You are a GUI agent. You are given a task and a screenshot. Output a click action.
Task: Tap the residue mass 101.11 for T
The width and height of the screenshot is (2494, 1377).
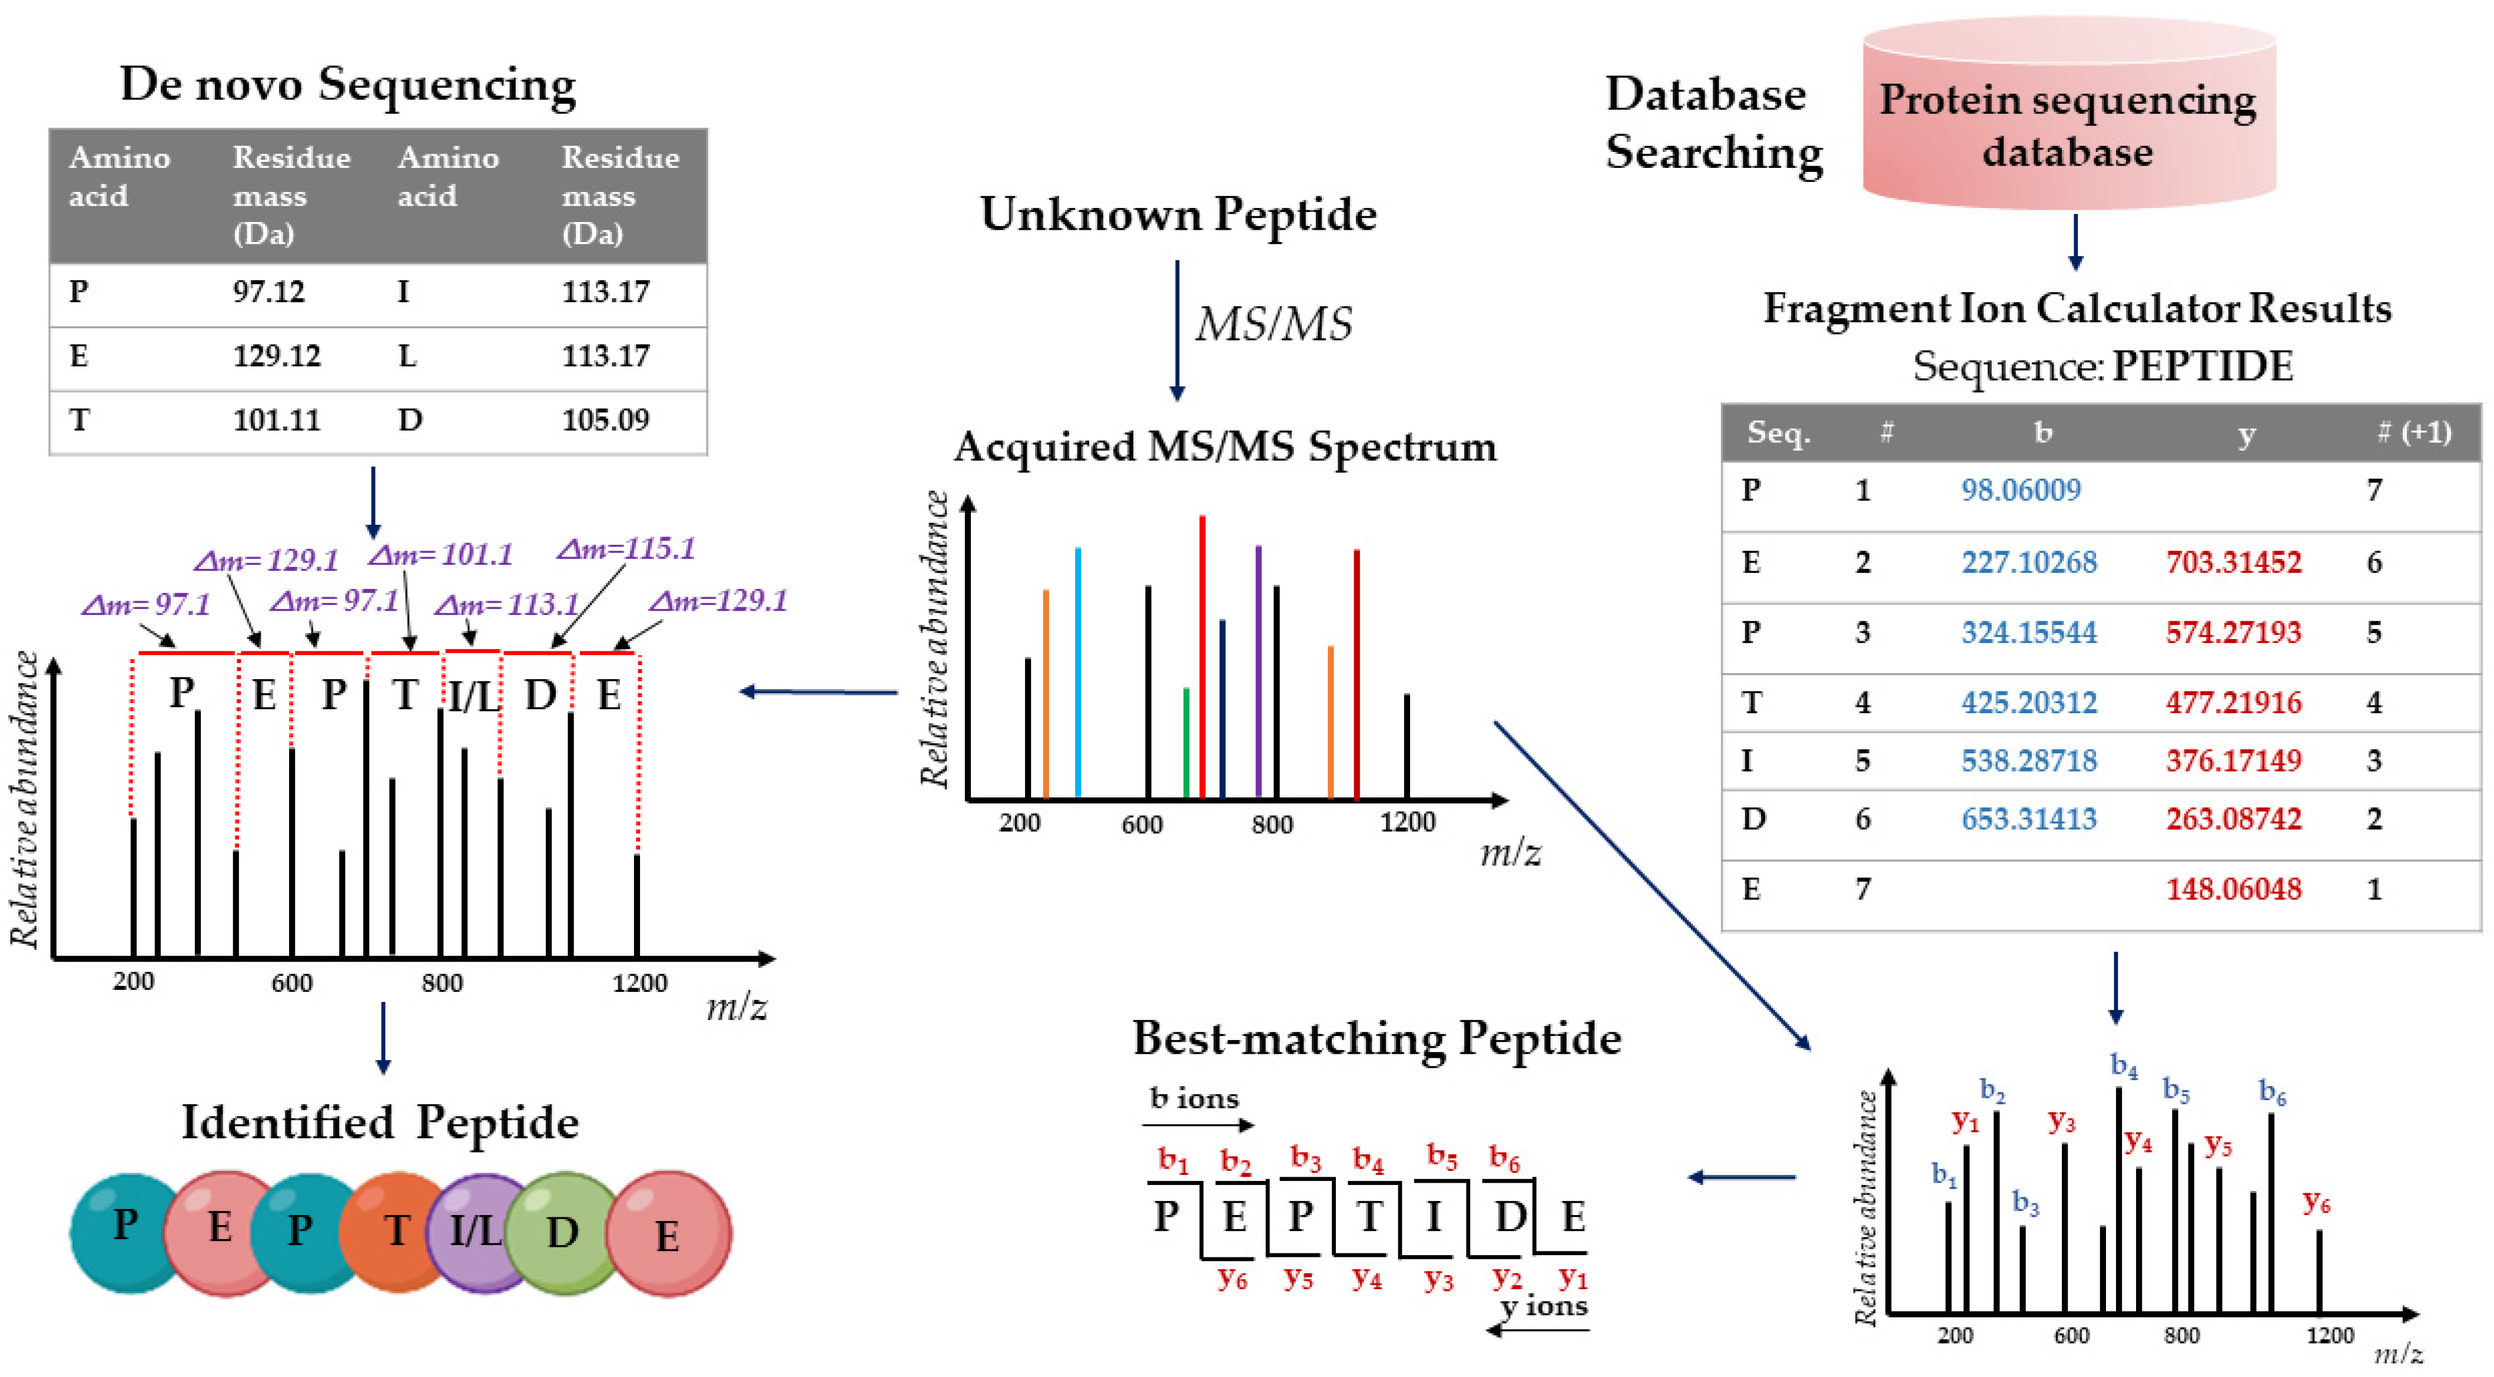[276, 421]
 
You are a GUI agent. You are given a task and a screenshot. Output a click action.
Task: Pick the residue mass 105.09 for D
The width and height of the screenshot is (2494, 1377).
[605, 421]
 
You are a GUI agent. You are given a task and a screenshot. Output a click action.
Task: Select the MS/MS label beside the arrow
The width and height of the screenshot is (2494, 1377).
[1273, 325]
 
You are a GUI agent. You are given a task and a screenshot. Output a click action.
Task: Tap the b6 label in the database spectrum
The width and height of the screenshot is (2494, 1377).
[2272, 1093]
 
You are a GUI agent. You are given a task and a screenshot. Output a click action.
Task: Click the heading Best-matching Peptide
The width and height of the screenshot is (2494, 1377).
[1377, 1039]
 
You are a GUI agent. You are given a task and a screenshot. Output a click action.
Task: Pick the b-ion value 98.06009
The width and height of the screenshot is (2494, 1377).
[2021, 490]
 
